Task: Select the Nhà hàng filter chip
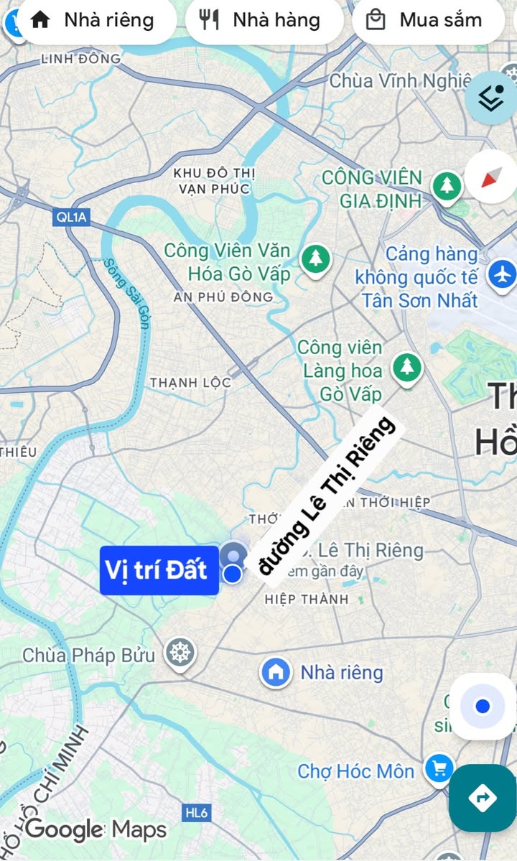pyautogui.click(x=263, y=20)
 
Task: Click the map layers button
pyautogui.click(x=492, y=99)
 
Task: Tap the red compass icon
pyautogui.click(x=490, y=177)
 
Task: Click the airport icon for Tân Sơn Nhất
pyautogui.click(x=502, y=274)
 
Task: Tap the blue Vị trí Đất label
pyautogui.click(x=159, y=570)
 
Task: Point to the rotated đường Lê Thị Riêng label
pyautogui.click(x=327, y=495)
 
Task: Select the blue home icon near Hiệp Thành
pyautogui.click(x=276, y=672)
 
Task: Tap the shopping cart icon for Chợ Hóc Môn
pyautogui.click(x=438, y=770)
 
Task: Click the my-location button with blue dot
pyautogui.click(x=482, y=707)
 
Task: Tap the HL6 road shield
pyautogui.click(x=196, y=812)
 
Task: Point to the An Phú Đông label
pyautogui.click(x=223, y=297)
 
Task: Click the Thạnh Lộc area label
pyautogui.click(x=190, y=383)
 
